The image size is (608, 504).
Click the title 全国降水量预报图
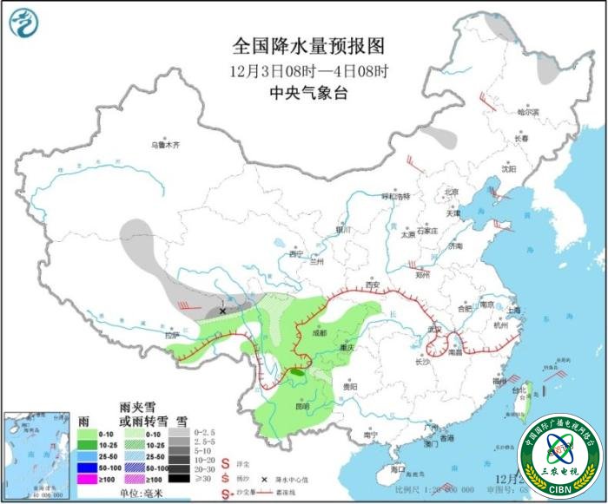[303, 46]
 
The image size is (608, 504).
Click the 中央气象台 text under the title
[303, 93]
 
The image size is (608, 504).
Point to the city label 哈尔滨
[528, 112]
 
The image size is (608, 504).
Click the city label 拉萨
[171, 334]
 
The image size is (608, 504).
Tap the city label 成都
[317, 332]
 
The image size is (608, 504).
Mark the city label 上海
[514, 310]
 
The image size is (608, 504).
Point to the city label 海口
[399, 468]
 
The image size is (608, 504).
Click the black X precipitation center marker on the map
[222, 310]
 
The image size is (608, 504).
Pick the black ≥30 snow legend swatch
[180, 477]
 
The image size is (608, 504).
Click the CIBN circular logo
[559, 455]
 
